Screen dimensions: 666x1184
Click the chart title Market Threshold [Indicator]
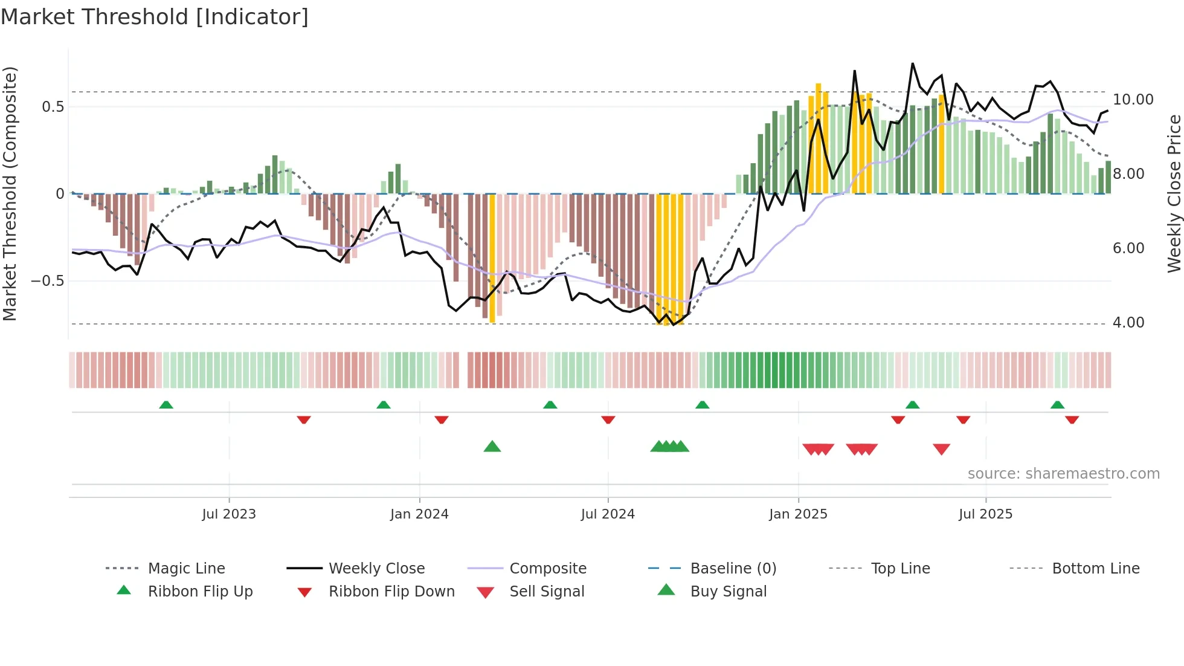point(155,17)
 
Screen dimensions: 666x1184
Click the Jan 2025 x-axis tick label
point(798,514)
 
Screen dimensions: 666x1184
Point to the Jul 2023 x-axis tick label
point(229,514)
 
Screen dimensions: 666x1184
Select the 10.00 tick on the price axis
point(1133,100)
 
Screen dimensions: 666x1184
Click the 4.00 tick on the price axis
point(1128,323)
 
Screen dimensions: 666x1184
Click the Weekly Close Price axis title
point(1174,193)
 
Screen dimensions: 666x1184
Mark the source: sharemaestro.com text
point(1063,474)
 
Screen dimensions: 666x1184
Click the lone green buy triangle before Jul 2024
point(492,447)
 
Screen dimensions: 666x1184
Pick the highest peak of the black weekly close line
point(912,63)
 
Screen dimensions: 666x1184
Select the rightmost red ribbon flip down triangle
point(1072,420)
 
